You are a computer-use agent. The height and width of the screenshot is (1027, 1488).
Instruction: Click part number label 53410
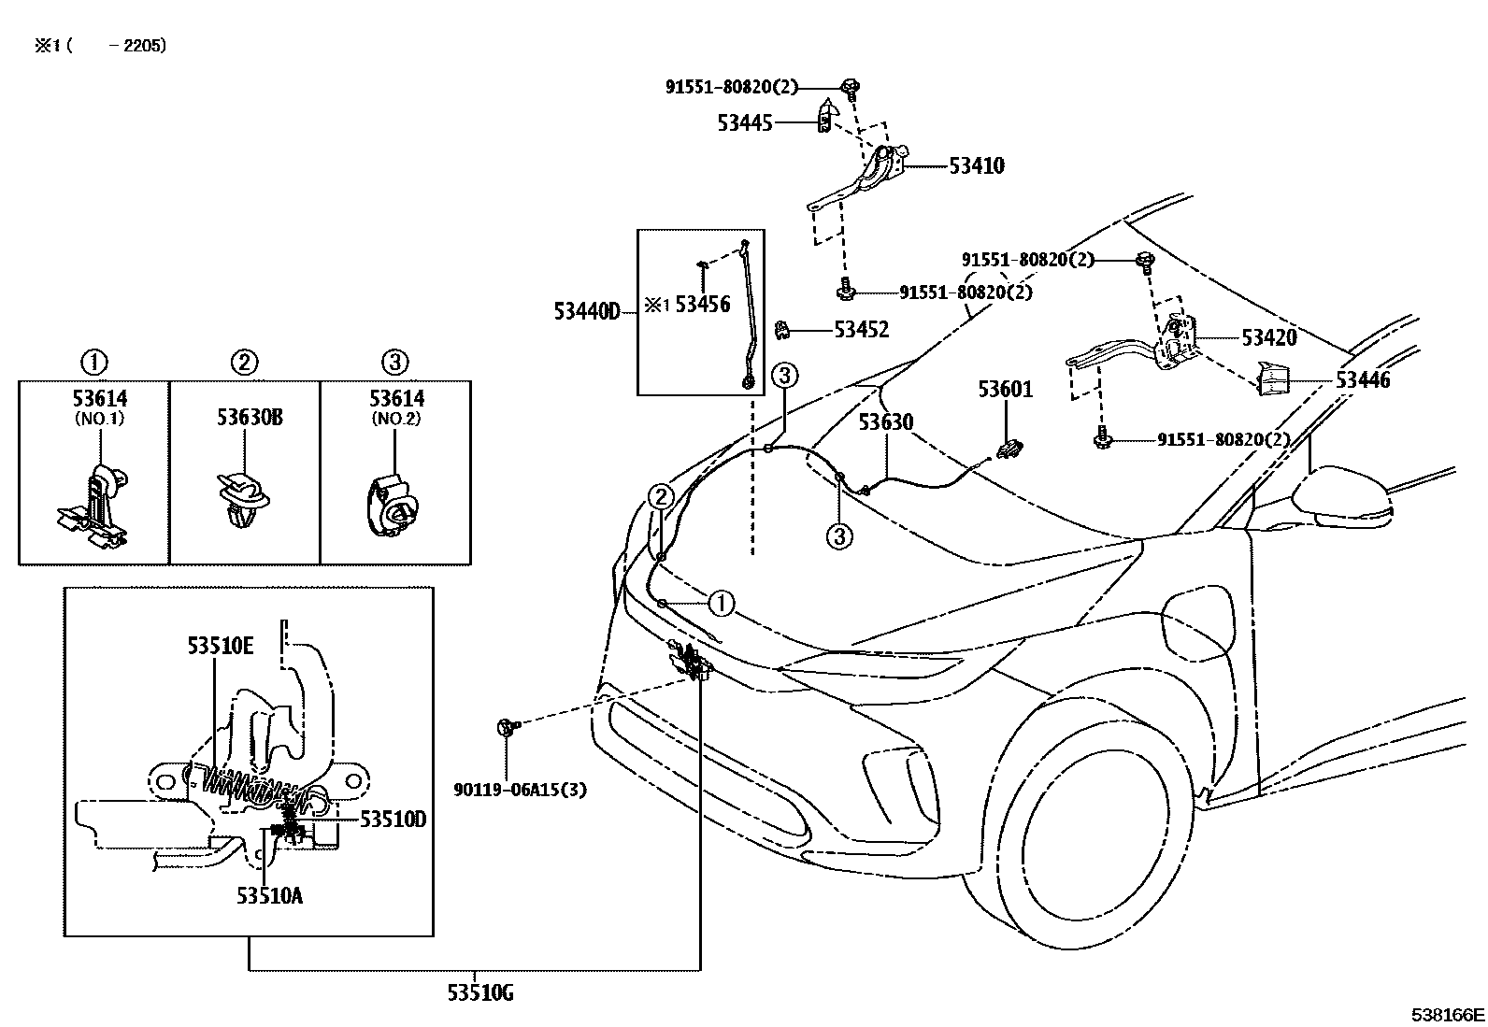pyautogui.click(x=976, y=166)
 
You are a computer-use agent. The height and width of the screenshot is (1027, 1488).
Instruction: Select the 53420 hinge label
pyautogui.click(x=1268, y=337)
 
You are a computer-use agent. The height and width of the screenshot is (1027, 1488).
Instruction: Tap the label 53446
pyautogui.click(x=1362, y=380)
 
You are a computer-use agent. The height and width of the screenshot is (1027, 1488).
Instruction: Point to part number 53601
pyautogui.click(x=1005, y=390)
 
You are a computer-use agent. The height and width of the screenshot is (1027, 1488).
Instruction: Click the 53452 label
pyautogui.click(x=861, y=330)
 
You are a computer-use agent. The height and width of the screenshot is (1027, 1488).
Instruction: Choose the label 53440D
pyautogui.click(x=586, y=311)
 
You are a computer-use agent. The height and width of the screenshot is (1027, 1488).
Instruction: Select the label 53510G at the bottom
pyautogui.click(x=479, y=992)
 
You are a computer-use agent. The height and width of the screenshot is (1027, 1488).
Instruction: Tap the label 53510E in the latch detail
pyautogui.click(x=220, y=645)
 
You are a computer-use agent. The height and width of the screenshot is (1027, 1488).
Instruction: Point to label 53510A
pyautogui.click(x=269, y=896)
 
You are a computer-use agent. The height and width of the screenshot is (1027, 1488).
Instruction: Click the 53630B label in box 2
pyautogui.click(x=250, y=417)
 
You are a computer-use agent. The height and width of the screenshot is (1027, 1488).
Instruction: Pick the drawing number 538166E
pyautogui.click(x=1448, y=1014)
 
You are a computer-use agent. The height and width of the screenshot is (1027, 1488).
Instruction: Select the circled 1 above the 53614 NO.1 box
pyautogui.click(x=93, y=362)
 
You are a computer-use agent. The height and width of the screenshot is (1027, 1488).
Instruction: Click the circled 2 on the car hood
pyautogui.click(x=660, y=495)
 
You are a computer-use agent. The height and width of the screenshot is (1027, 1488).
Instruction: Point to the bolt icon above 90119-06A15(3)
pyautogui.click(x=506, y=726)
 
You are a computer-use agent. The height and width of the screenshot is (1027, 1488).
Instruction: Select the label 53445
pyautogui.click(x=744, y=122)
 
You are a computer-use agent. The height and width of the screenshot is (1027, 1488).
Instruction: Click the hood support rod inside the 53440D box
pyautogui.click(x=752, y=318)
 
